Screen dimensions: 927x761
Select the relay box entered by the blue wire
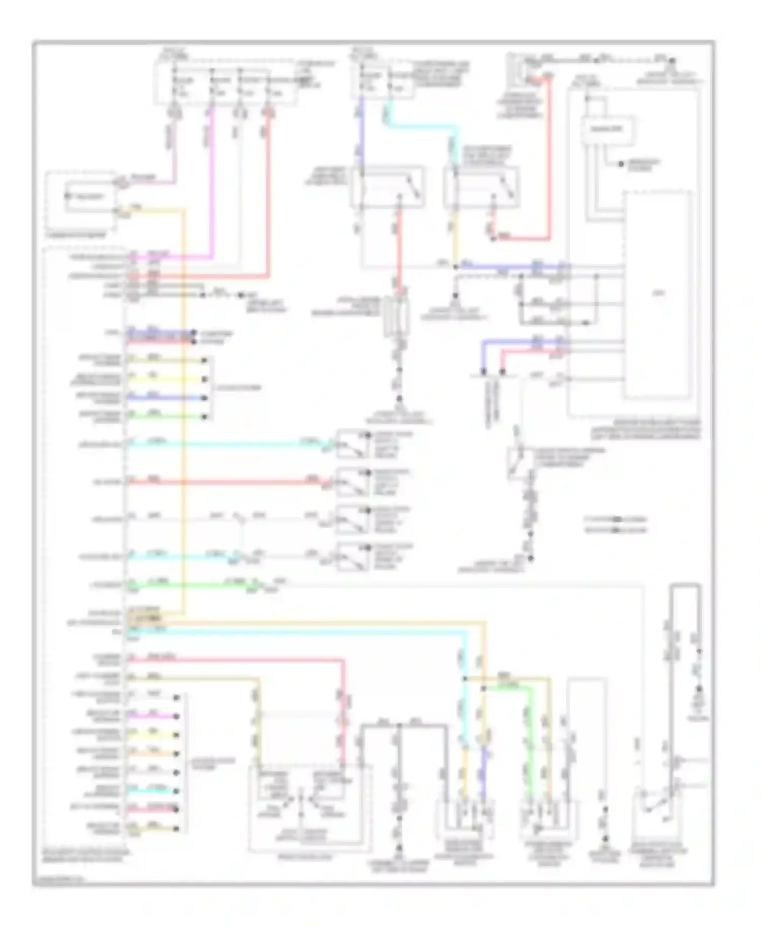[x=388, y=187]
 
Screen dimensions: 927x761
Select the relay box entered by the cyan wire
[x=481, y=187]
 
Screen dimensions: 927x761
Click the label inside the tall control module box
[x=659, y=293]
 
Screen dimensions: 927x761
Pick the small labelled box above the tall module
[x=607, y=130]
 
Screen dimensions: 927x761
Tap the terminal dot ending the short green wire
[x=204, y=416]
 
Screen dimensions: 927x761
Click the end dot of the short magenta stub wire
[x=177, y=716]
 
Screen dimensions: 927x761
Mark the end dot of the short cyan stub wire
[x=177, y=791]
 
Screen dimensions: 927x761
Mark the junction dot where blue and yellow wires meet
[x=455, y=267]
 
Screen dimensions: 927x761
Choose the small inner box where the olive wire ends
[x=272, y=785]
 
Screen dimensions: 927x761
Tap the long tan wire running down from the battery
[x=183, y=406]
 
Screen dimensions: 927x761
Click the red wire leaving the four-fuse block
[x=268, y=193]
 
